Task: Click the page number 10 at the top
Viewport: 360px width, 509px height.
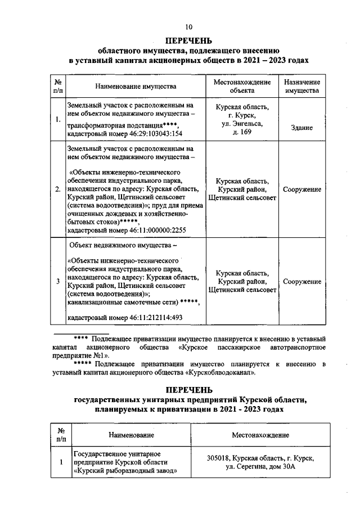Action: [x=188, y=27]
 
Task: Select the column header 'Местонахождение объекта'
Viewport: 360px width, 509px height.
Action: [x=242, y=86]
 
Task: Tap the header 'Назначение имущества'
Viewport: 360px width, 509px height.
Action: [x=301, y=86]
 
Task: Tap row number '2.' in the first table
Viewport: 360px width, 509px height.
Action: [x=58, y=190]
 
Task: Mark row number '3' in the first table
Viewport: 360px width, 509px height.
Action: [x=58, y=281]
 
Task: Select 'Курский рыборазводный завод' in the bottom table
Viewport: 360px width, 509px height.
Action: [x=123, y=471]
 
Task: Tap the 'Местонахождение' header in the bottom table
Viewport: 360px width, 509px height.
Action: [x=260, y=435]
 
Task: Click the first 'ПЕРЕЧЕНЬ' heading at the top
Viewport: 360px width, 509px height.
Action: [x=188, y=40]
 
